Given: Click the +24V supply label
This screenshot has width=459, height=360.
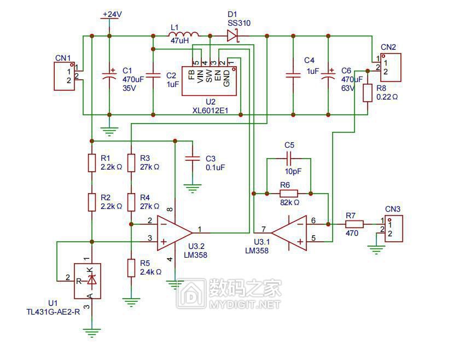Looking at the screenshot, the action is point(112,14).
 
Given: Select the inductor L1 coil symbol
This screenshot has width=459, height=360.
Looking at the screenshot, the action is point(184,34).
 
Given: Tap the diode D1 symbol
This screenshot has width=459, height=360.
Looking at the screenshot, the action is point(233,36).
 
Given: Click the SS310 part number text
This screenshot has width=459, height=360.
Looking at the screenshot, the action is point(239,23).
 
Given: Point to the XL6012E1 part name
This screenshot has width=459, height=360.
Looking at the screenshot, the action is point(210,111).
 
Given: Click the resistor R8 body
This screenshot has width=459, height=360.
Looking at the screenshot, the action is point(368,93).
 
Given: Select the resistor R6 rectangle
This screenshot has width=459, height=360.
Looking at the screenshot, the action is point(289,194).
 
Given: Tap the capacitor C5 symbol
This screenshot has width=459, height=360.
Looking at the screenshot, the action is point(289,158).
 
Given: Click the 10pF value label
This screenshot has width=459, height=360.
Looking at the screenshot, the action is point(293,171).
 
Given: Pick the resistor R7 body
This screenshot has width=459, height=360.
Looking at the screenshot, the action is point(355,224).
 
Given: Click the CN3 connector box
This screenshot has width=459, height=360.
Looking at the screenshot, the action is point(394,229).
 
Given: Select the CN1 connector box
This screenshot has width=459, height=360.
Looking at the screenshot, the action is point(65,76).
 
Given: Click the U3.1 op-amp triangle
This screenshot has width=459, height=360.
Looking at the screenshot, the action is point(289,233).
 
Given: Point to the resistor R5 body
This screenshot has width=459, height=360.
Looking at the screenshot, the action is point(131,268).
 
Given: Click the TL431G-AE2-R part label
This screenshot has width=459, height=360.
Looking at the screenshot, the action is point(53,312).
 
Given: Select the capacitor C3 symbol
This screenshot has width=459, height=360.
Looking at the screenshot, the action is point(193,159).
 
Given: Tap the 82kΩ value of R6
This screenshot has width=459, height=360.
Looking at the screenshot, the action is point(289,202).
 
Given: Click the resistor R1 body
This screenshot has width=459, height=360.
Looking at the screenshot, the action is point(92,162).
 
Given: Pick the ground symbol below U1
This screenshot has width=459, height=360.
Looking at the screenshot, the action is point(92,334).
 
